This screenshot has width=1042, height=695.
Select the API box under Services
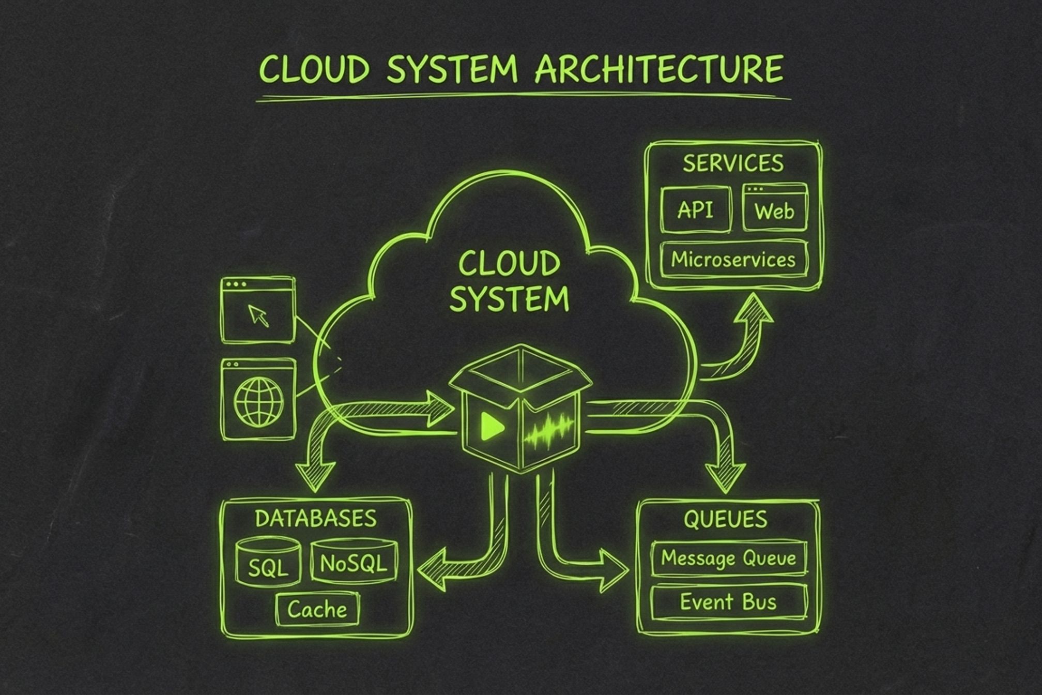coord(696,210)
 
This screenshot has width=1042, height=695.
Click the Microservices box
coord(733,259)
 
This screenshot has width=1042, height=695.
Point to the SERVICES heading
coord(733,163)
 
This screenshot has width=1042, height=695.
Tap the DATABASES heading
coord(316,519)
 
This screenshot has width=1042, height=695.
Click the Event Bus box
coord(728,602)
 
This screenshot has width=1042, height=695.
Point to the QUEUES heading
coord(725,519)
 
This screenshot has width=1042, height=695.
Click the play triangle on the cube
coord(492,426)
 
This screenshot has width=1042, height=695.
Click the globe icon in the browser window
coord(258,401)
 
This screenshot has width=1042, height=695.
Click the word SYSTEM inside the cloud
coord(509,299)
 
